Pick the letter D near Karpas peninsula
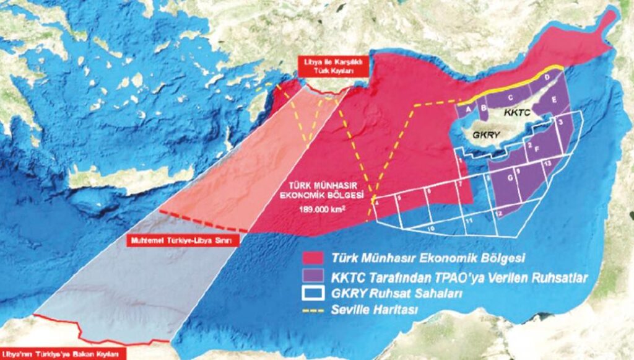[547, 78]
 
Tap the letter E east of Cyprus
[554, 99]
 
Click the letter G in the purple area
[510, 179]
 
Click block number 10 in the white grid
[431, 227]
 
